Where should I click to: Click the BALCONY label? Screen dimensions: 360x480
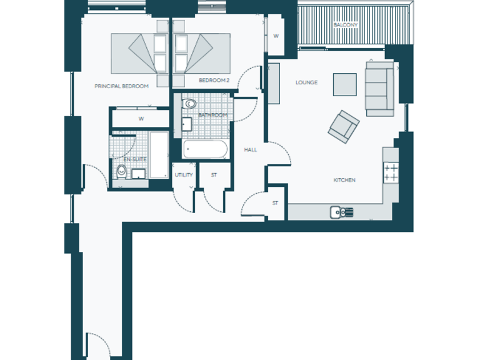tap(345, 24)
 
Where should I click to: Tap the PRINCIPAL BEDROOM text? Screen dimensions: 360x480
tap(121, 86)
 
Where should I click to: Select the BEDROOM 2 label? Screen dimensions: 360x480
tap(211, 80)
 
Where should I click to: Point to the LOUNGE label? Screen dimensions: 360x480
tap(306, 82)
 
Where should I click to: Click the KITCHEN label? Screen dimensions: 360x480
tap(344, 180)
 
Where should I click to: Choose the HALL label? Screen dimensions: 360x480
tap(250, 150)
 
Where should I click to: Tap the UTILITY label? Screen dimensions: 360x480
tap(184, 175)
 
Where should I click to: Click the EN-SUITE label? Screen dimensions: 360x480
tap(135, 159)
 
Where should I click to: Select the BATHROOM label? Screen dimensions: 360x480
tap(212, 116)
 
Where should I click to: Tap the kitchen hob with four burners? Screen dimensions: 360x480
tap(391, 172)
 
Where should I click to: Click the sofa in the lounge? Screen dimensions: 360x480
tap(379, 88)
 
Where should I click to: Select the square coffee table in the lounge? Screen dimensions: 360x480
tap(344, 84)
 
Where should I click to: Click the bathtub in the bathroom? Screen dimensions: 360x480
tap(205, 150)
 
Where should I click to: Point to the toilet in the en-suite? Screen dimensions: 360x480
tap(121, 172)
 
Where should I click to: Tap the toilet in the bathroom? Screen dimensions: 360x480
tap(189, 104)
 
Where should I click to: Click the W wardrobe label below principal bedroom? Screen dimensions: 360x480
tap(141, 119)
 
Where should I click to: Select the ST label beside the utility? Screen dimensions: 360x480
tap(214, 175)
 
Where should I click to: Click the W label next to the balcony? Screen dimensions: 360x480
tap(276, 36)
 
